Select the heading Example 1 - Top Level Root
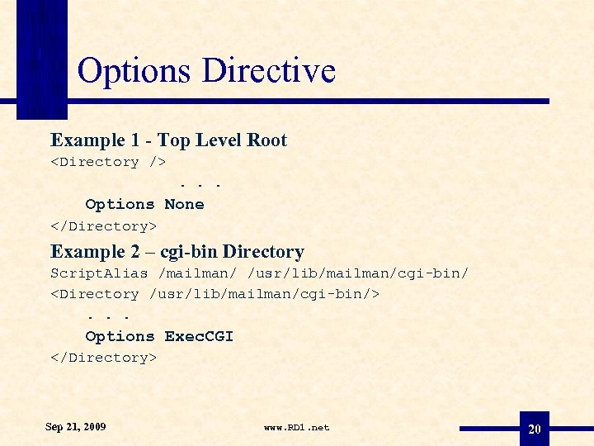[x=168, y=140]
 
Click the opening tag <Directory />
[x=108, y=162]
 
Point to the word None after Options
[x=184, y=204]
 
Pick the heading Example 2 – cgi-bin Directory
[x=177, y=252]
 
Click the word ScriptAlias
[x=99, y=273]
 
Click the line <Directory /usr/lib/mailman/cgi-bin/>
[x=214, y=294]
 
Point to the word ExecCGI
[x=199, y=336]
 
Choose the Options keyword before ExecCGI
[x=120, y=336]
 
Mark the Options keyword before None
[x=120, y=204]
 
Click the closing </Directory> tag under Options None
[x=103, y=225]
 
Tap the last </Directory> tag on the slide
[x=103, y=358]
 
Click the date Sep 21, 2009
[x=75, y=427]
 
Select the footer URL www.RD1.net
[x=296, y=428]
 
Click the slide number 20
[x=535, y=429]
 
